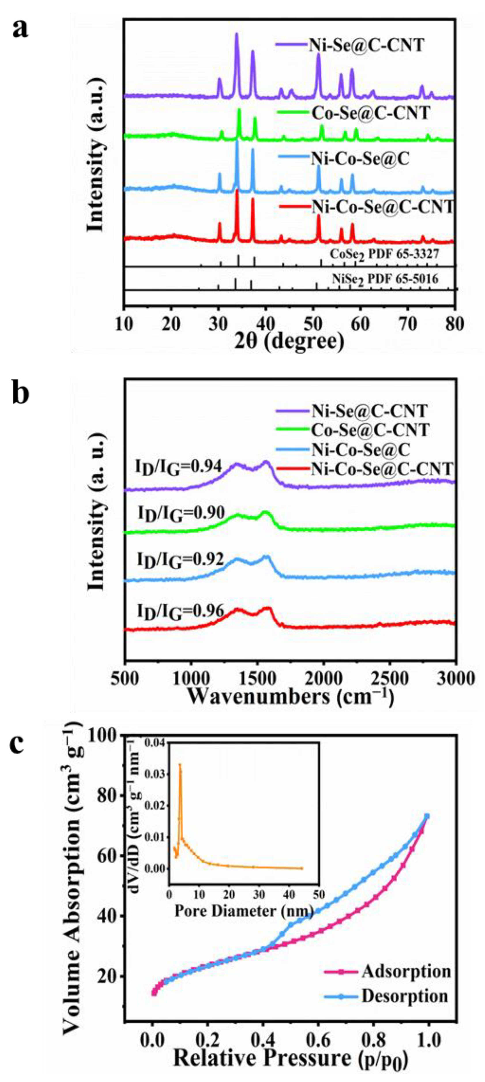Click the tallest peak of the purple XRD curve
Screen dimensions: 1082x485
coord(236,35)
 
